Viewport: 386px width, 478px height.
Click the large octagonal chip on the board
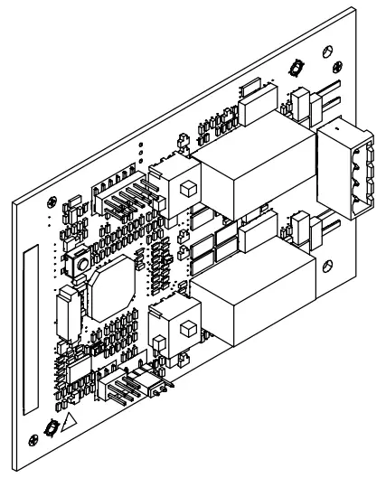(x=109, y=283)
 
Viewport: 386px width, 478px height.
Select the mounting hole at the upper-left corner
(x=57, y=201)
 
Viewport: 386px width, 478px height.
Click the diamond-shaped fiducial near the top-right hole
(x=297, y=67)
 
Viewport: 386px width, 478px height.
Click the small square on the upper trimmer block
(x=187, y=190)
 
